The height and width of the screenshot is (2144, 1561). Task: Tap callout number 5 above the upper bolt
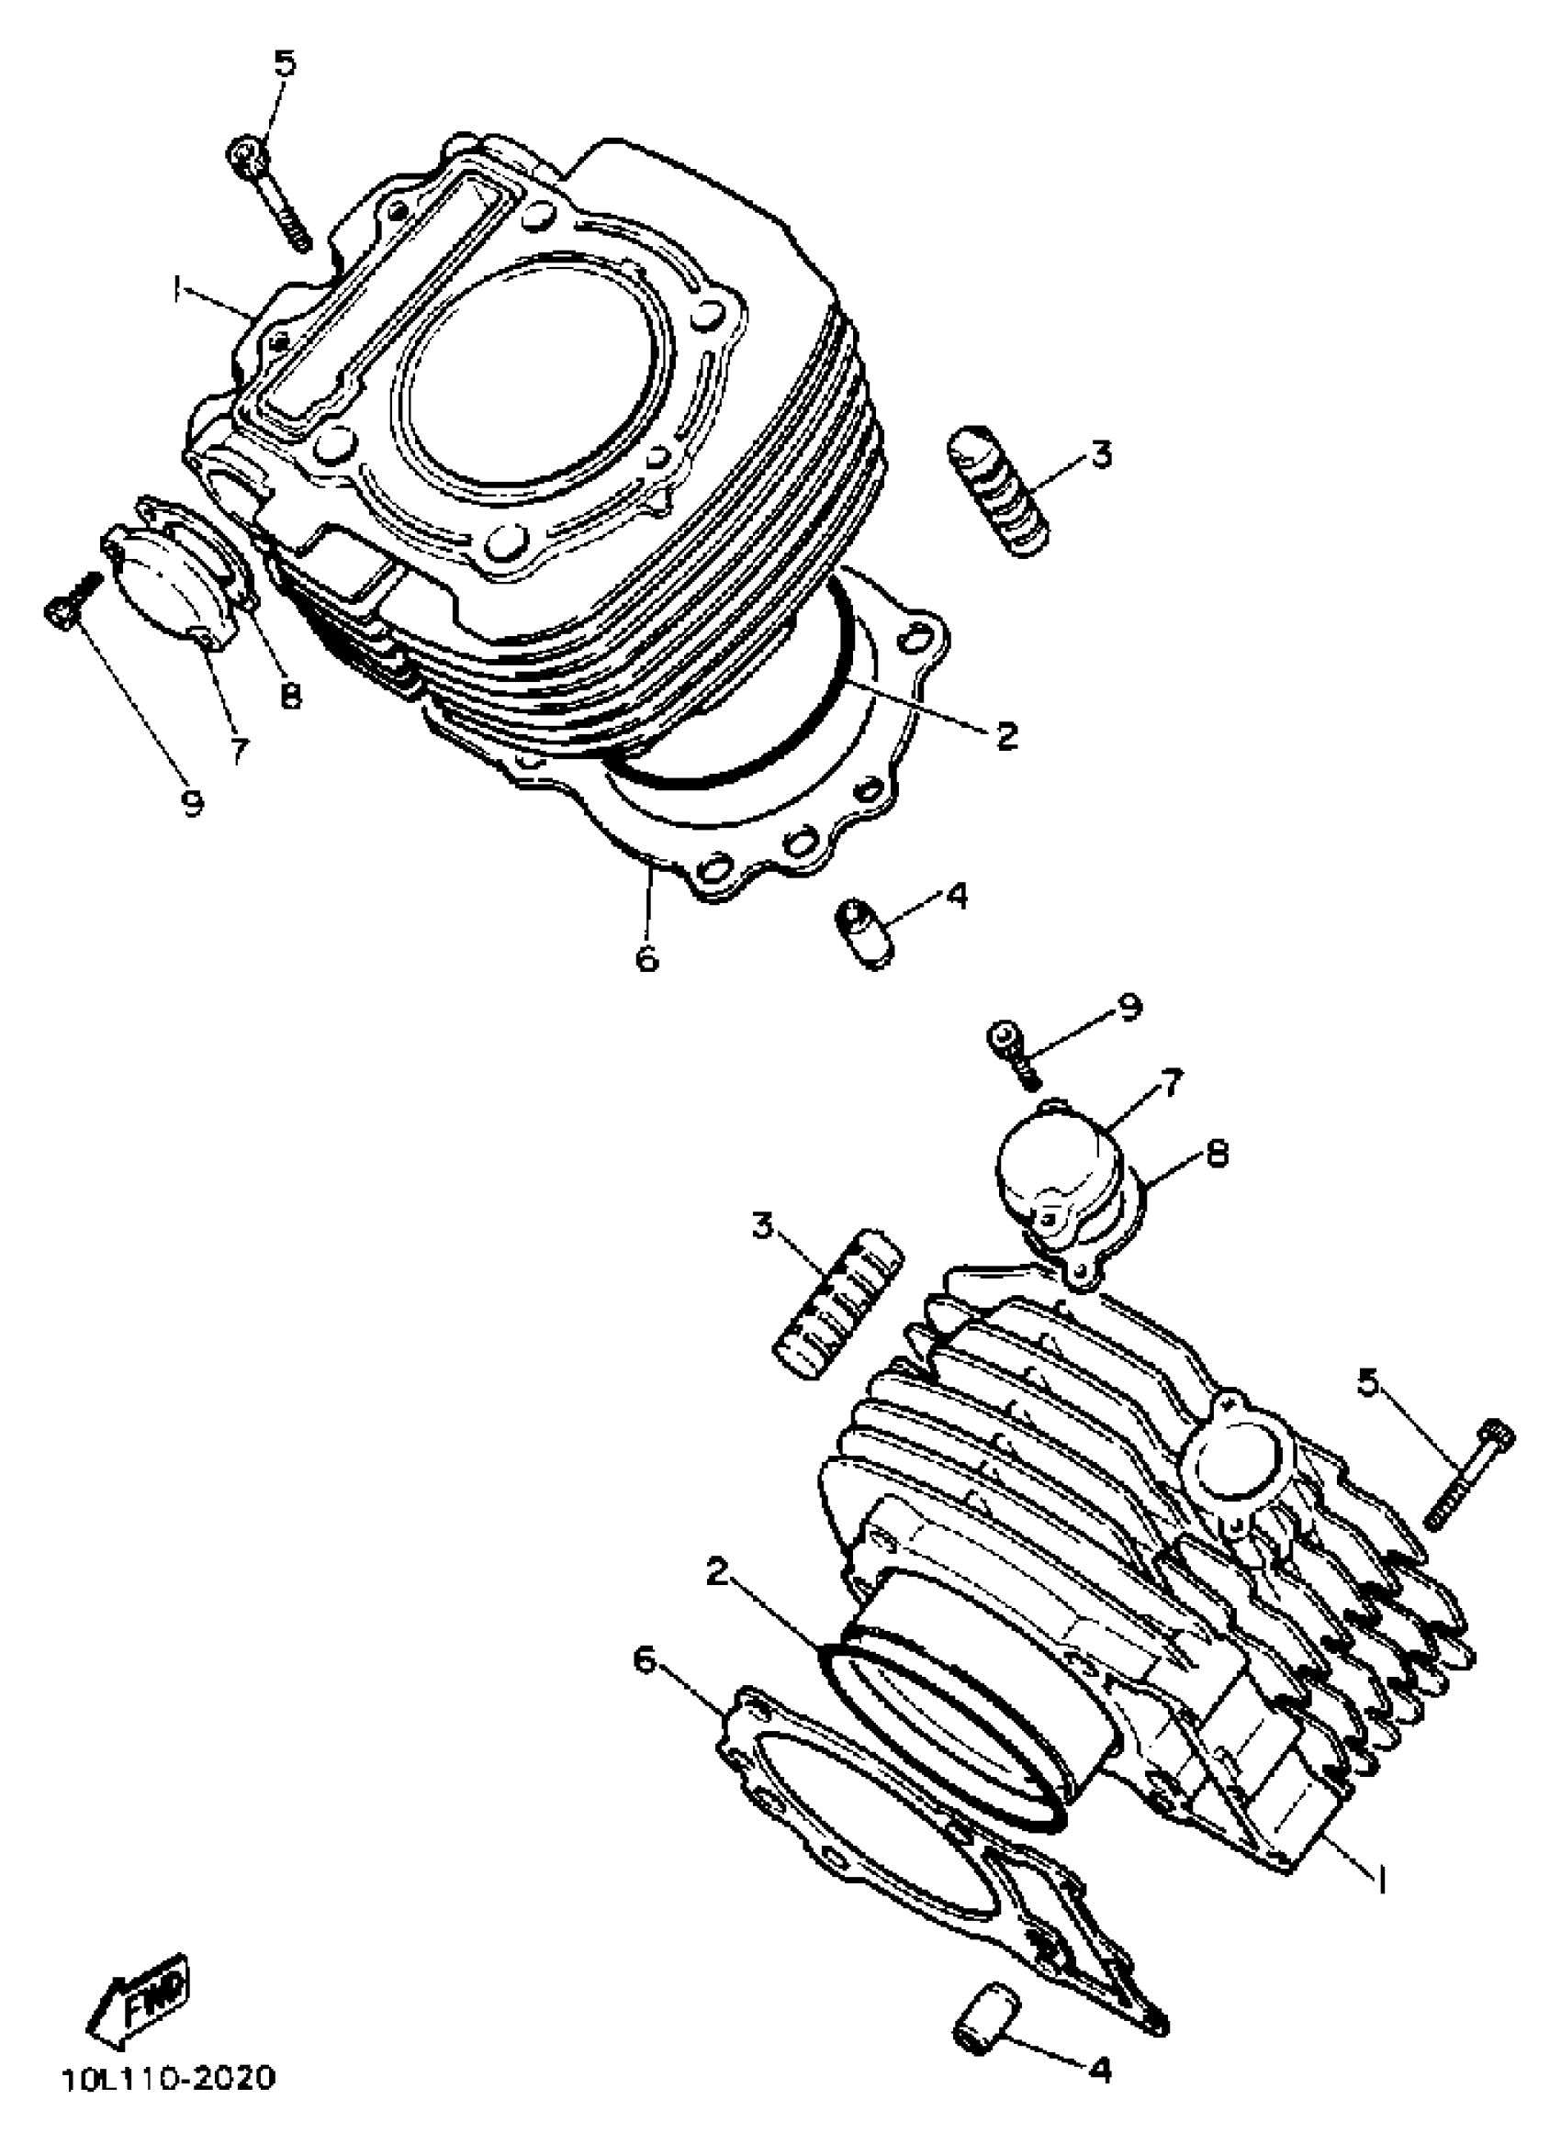tap(285, 63)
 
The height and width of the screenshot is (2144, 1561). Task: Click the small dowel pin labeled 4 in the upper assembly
tap(861, 932)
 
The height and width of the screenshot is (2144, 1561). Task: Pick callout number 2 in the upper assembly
tap(1005, 733)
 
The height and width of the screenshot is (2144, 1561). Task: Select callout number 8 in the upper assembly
tap(290, 696)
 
